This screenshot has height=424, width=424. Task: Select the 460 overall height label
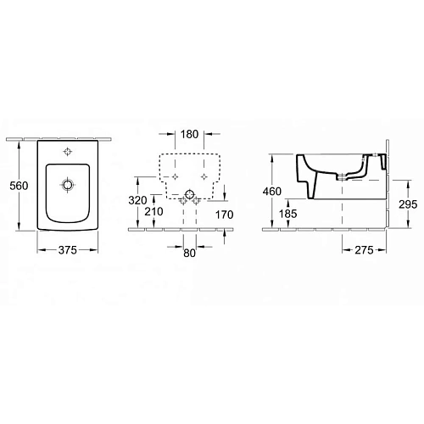(x=271, y=192)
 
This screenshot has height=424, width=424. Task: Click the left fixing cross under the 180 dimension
(x=176, y=176)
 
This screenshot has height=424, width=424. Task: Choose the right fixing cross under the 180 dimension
(x=204, y=176)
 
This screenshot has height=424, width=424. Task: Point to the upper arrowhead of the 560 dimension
(x=19, y=142)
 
